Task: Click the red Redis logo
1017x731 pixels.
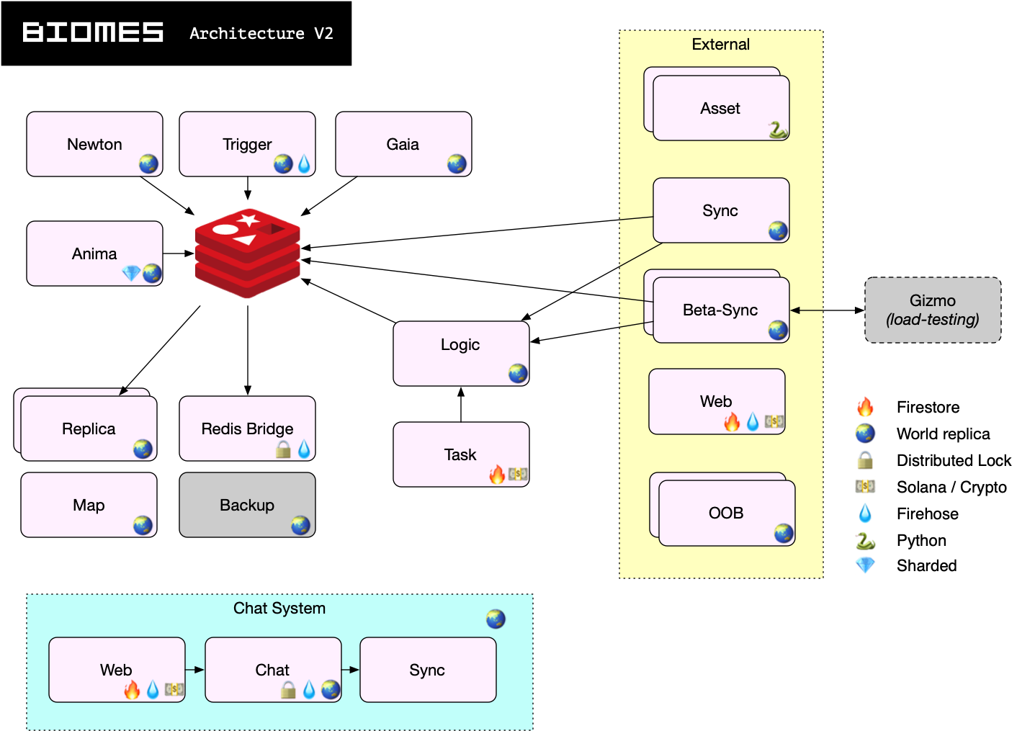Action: tap(248, 253)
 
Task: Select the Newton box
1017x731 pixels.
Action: tap(94, 144)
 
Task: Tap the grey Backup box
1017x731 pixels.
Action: tap(247, 505)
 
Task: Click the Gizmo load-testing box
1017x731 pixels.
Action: tap(933, 310)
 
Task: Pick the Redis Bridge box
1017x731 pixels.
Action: tap(247, 429)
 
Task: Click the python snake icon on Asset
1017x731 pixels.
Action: tap(777, 130)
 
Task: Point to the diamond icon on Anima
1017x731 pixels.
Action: tap(131, 274)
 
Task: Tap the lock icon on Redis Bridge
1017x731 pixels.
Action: tap(284, 449)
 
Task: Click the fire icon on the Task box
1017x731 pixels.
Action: tap(497, 474)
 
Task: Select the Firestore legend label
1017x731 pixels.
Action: tap(928, 408)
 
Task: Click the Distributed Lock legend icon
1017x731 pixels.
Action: tap(865, 460)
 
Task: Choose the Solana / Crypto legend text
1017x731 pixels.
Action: tap(951, 488)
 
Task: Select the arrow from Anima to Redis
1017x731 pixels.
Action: tap(179, 254)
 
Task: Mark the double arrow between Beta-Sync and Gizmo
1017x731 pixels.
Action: tap(828, 310)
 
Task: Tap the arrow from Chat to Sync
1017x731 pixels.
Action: tap(351, 670)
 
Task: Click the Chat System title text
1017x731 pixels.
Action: tap(279, 609)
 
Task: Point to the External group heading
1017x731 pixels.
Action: tap(720, 45)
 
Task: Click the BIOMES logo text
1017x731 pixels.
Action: tap(93, 32)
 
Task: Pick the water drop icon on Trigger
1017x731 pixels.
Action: tap(304, 165)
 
